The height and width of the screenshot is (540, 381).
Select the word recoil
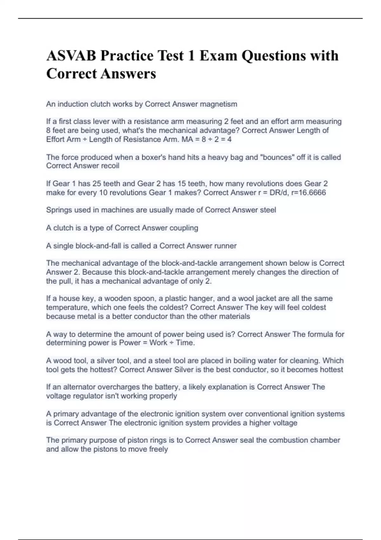click(x=110, y=166)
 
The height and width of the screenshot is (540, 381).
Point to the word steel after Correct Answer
click(x=268, y=210)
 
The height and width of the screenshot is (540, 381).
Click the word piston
click(x=135, y=440)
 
